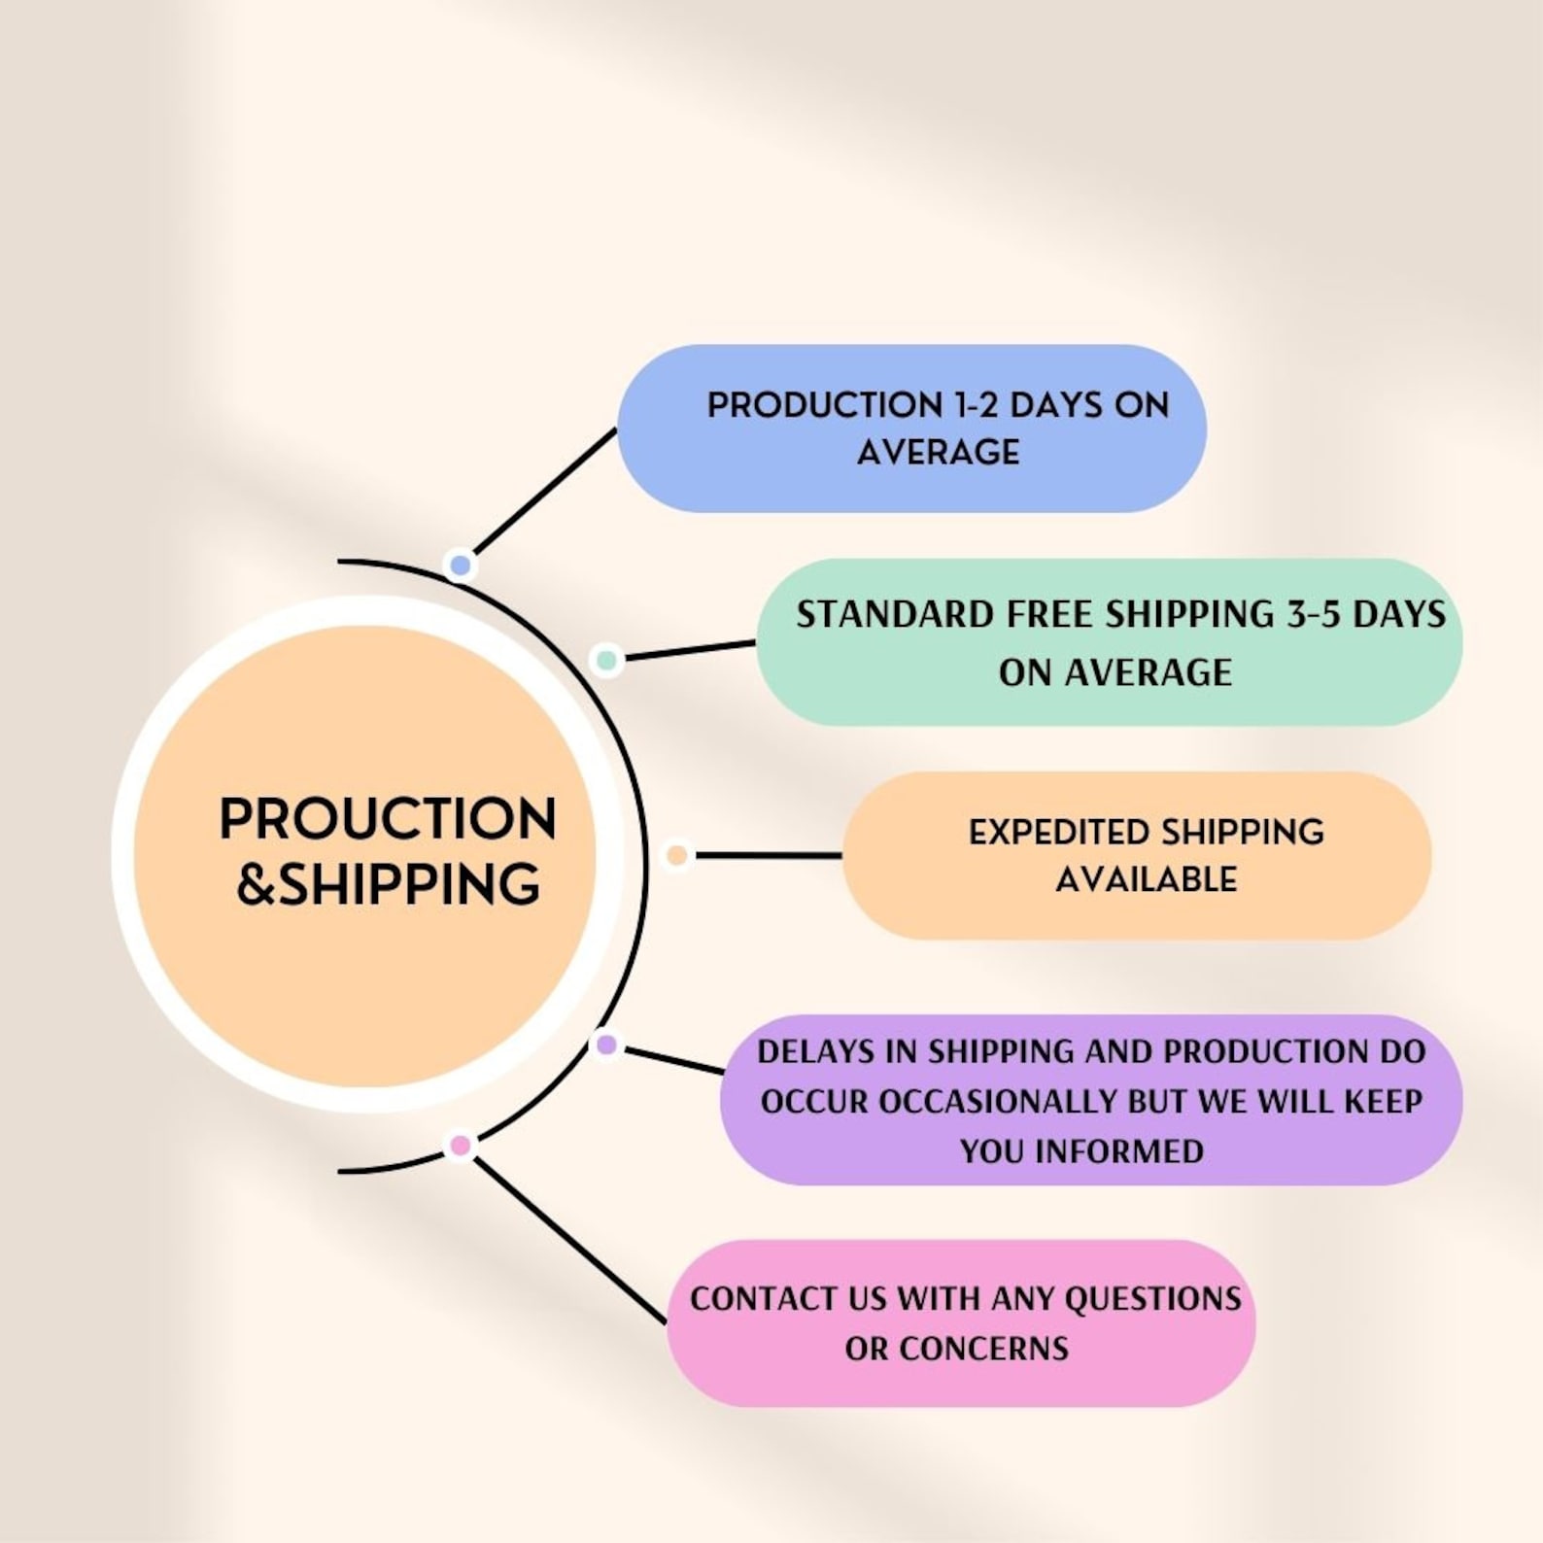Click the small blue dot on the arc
(461, 565)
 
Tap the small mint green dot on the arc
(606, 660)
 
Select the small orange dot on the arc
(676, 855)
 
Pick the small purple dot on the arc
(606, 1045)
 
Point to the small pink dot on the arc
(461, 1146)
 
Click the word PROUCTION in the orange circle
(388, 819)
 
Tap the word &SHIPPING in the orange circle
(388, 884)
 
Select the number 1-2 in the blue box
(975, 405)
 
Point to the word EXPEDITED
(1058, 833)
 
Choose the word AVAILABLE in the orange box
(1146, 879)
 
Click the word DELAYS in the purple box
(814, 1051)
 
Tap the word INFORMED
(1118, 1151)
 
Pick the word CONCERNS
(983, 1349)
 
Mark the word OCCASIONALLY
(998, 1102)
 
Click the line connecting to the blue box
(544, 492)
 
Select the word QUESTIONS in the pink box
(1152, 1299)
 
